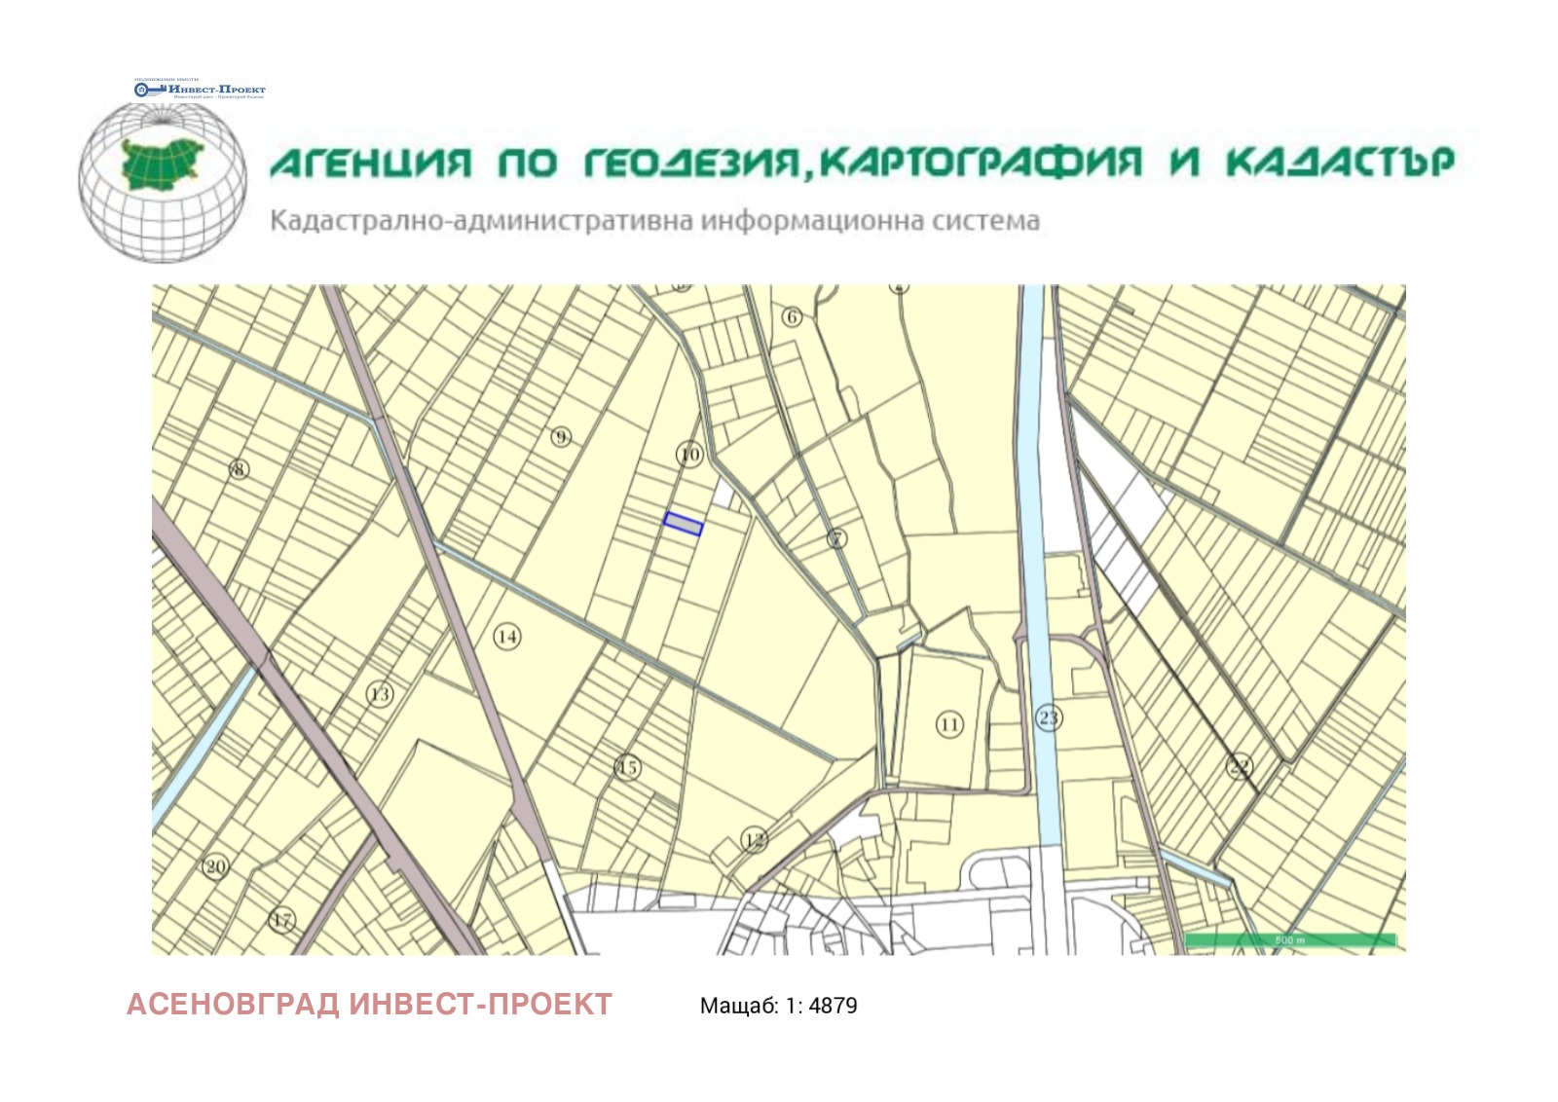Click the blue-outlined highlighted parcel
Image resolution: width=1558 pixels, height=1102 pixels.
point(683,524)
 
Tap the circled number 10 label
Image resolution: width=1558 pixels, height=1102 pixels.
point(689,455)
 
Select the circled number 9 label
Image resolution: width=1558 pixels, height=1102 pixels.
point(561,437)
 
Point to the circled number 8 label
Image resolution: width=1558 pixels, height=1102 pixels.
point(239,469)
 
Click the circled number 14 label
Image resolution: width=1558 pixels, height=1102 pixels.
point(506,637)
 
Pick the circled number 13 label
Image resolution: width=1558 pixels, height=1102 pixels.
point(380,694)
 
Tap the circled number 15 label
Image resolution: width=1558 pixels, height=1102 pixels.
point(628,768)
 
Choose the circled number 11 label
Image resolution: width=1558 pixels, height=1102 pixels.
point(949,724)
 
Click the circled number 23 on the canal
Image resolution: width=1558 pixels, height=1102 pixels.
point(1048,718)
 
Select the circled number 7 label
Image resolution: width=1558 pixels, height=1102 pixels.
point(836,538)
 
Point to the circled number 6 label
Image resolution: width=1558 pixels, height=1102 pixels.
point(792,316)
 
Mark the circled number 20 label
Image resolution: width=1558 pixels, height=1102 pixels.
point(215,866)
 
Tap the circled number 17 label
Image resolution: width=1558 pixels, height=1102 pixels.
point(281,920)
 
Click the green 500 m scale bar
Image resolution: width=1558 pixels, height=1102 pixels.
point(1290,940)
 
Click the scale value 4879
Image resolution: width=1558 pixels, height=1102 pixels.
point(833,1006)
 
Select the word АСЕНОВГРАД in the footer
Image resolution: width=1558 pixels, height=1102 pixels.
point(233,1004)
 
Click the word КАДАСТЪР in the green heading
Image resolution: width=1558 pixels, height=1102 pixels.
point(1339,162)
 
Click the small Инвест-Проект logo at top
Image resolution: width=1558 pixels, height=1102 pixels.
point(200,90)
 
